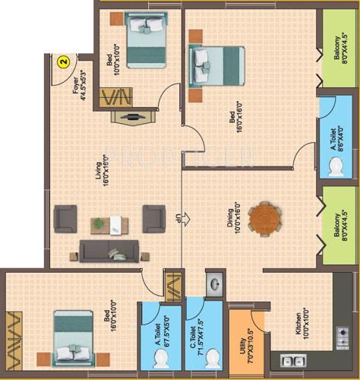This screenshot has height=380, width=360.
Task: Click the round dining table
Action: [265, 217]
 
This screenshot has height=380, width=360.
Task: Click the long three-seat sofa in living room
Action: [109, 250]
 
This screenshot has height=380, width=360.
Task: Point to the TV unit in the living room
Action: [132, 118]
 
